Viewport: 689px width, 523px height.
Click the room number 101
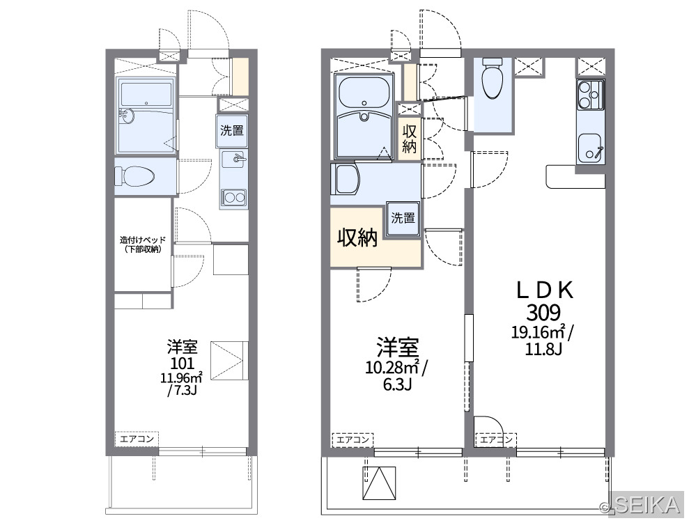183,363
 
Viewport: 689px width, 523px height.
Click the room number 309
543,313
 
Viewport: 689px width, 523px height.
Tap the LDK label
544,290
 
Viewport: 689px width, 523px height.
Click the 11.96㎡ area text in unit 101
181,377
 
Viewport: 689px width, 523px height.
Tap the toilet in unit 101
135,177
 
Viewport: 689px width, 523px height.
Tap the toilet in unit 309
493,78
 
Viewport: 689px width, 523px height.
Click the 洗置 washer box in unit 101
232,130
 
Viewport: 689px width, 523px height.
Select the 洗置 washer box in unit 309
403,218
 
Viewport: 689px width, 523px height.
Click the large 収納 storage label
357,237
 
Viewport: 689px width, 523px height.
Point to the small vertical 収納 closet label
410,139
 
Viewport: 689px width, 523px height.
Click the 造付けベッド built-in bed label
143,244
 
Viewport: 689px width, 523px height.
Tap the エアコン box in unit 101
137,439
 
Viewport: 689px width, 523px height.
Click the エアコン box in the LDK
495,439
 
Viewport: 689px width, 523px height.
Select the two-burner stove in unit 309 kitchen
590,95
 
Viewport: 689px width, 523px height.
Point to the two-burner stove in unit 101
234,197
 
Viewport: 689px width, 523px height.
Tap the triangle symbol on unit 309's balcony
379,483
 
